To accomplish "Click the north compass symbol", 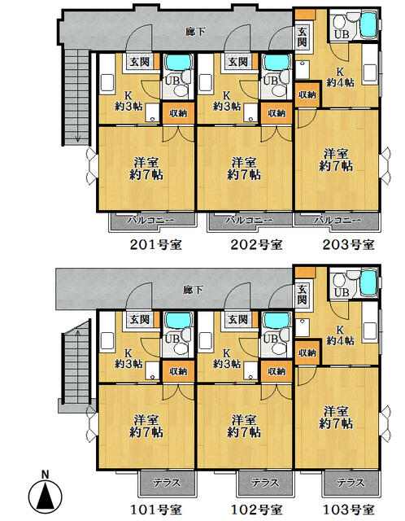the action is [45, 493].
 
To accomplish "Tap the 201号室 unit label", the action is [155, 245].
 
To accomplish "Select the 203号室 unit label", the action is [349, 244].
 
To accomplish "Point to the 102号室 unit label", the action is [256, 509].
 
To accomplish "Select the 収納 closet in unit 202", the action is [277, 113].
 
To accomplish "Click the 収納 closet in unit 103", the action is [307, 352].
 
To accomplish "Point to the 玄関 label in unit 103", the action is [302, 295].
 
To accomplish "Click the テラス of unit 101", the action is [167, 483].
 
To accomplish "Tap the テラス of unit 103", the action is [351, 483].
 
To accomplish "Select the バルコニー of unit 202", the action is [250, 221].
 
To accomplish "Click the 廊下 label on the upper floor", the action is [195, 33].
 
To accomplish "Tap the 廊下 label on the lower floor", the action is [193, 290].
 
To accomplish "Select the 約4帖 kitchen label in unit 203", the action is [340, 82].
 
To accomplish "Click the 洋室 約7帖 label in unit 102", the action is [244, 426].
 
